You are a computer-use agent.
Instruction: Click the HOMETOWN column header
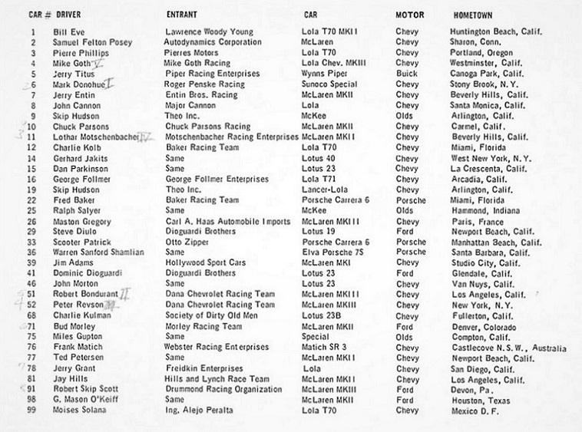(x=474, y=15)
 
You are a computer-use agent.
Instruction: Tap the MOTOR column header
(x=409, y=15)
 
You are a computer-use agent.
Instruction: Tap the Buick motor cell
(x=406, y=74)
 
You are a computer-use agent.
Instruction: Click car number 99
(x=32, y=411)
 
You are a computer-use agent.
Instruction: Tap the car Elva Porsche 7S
(x=334, y=252)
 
